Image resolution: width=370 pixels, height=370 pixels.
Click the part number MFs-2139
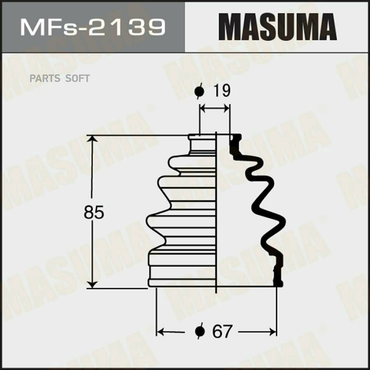coord(93,28)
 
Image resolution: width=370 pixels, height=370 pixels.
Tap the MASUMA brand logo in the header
coord(277,27)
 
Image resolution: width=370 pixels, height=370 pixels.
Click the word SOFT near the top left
coord(77,78)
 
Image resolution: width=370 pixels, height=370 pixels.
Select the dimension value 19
coord(222,90)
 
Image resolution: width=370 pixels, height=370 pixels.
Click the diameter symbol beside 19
coord(199,91)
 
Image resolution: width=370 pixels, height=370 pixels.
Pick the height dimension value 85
coord(94,212)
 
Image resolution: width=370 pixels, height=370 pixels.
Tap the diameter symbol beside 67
coord(200,331)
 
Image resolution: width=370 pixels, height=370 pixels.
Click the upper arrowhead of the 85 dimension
coord(92,139)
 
